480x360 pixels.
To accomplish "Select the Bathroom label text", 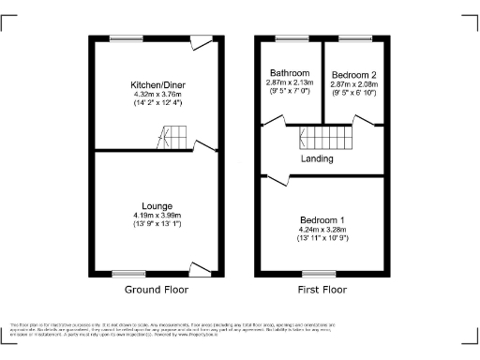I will [x=290, y=73].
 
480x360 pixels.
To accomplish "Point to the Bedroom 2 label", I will [x=353, y=73].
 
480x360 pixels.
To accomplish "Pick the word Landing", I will [x=317, y=158].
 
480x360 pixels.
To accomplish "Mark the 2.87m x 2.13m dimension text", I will [x=290, y=83].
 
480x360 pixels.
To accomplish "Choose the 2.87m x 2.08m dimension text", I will [x=353, y=83].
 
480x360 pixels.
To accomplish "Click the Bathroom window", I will [x=289, y=37].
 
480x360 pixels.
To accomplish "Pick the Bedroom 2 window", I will [x=354, y=37].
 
